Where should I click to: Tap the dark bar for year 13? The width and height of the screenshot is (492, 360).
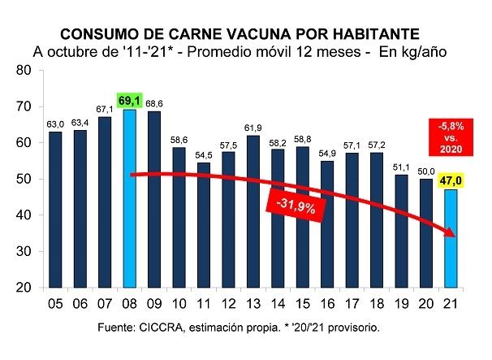252,211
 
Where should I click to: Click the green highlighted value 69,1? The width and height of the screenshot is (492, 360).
128,101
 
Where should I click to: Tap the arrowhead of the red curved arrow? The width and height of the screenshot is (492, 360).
449,234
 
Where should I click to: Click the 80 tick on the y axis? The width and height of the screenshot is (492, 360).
23,70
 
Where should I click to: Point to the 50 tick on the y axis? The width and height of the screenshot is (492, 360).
23,179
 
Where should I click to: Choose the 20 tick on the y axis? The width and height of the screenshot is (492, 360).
23,288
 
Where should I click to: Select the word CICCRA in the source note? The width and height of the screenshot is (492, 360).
150,327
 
